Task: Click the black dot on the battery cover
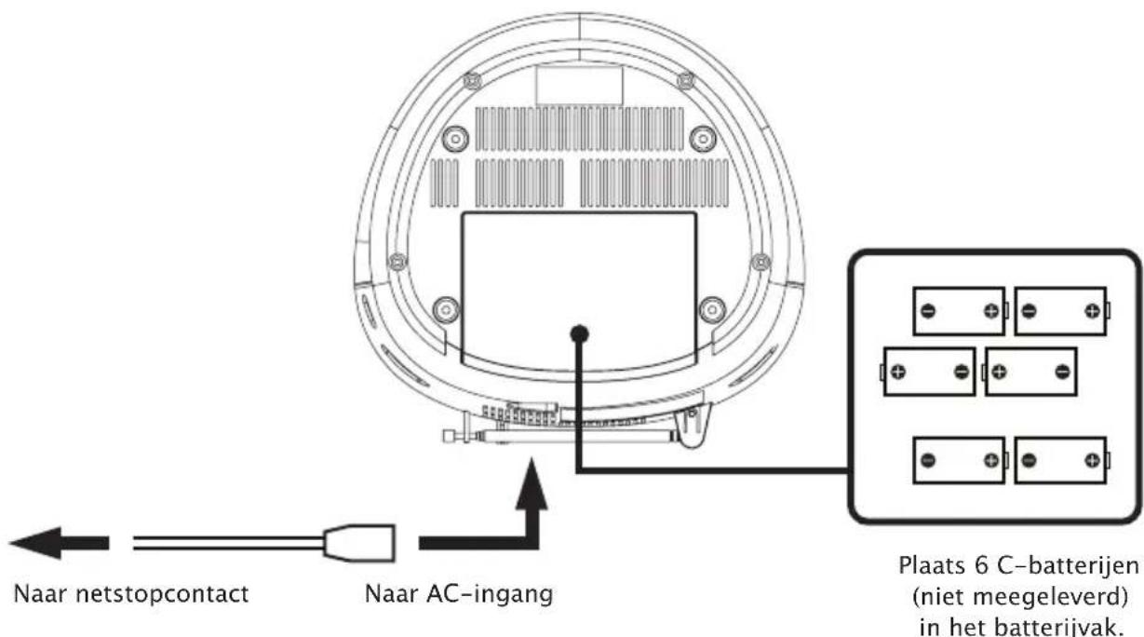[x=579, y=332]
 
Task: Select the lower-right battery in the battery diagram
[x=1060, y=461]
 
